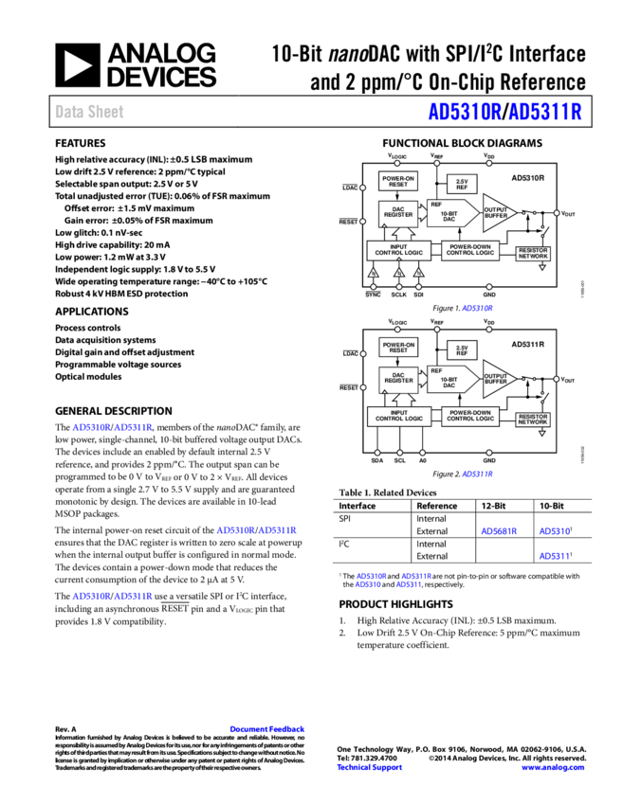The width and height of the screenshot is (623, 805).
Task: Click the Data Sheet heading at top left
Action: pyautogui.click(x=89, y=112)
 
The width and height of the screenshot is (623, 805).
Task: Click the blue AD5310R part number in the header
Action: pyautogui.click(x=464, y=112)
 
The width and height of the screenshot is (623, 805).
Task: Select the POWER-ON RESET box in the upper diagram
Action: pyautogui.click(x=398, y=181)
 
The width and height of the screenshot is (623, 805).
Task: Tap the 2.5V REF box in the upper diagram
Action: pyautogui.click(x=462, y=184)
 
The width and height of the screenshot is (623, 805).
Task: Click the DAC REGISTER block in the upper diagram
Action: pyautogui.click(x=398, y=215)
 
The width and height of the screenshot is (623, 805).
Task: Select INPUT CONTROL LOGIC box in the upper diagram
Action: pyautogui.click(x=398, y=251)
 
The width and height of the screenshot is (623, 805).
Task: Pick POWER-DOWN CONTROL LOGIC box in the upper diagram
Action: pyautogui.click(x=470, y=251)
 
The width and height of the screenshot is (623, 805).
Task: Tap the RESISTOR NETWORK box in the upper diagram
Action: pyautogui.click(x=533, y=254)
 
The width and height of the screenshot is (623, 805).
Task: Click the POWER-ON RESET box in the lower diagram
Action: pyautogui.click(x=398, y=348)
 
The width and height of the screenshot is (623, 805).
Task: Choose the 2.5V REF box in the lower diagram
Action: pyautogui.click(x=462, y=350)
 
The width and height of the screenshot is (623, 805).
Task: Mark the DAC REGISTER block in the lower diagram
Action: pyautogui.click(x=398, y=379)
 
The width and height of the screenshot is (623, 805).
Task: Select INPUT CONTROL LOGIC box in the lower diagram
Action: pyautogui.click(x=398, y=416)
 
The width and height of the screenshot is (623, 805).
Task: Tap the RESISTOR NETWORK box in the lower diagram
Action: pyautogui.click(x=533, y=420)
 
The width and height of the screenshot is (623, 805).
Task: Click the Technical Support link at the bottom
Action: pyautogui.click(x=370, y=767)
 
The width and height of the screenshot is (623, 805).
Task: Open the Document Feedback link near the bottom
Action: pyautogui.click(x=266, y=729)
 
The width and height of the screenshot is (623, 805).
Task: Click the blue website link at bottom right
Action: pyautogui.click(x=553, y=767)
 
